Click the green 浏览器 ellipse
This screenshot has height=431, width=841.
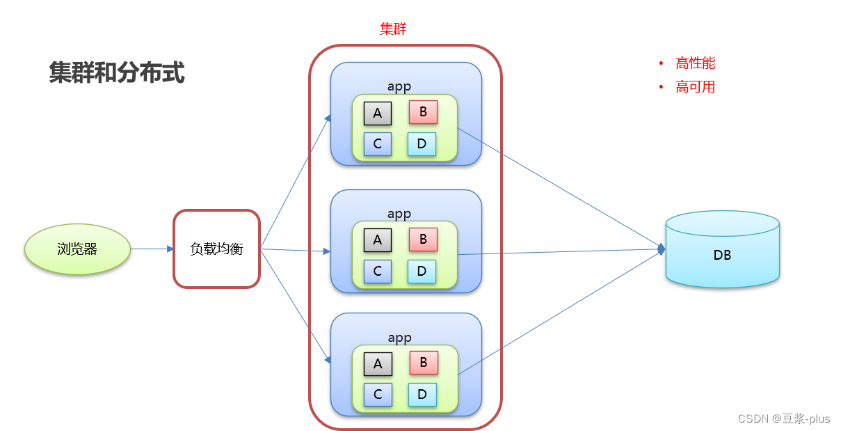click(x=77, y=249)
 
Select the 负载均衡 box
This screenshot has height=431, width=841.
click(x=216, y=249)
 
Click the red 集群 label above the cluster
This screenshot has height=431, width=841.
click(x=393, y=29)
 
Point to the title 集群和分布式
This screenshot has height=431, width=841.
click(x=117, y=72)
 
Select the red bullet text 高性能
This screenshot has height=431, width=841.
click(x=695, y=63)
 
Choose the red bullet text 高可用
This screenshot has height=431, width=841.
click(x=695, y=87)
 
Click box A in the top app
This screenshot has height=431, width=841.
click(x=378, y=113)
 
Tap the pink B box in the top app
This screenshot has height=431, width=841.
click(x=423, y=111)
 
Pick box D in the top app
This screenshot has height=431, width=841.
click(x=422, y=144)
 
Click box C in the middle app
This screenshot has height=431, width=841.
click(x=378, y=271)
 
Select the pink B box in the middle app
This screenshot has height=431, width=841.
click(x=423, y=240)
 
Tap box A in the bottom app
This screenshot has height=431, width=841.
click(x=378, y=363)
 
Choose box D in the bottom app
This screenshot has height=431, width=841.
click(x=422, y=395)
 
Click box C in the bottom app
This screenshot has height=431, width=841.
click(x=378, y=395)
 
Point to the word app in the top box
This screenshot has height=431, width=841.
click(x=399, y=86)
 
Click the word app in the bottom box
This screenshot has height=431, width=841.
click(x=399, y=338)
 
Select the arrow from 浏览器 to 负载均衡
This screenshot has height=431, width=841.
click(x=152, y=249)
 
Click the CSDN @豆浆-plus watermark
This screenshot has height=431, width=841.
click(x=784, y=418)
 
